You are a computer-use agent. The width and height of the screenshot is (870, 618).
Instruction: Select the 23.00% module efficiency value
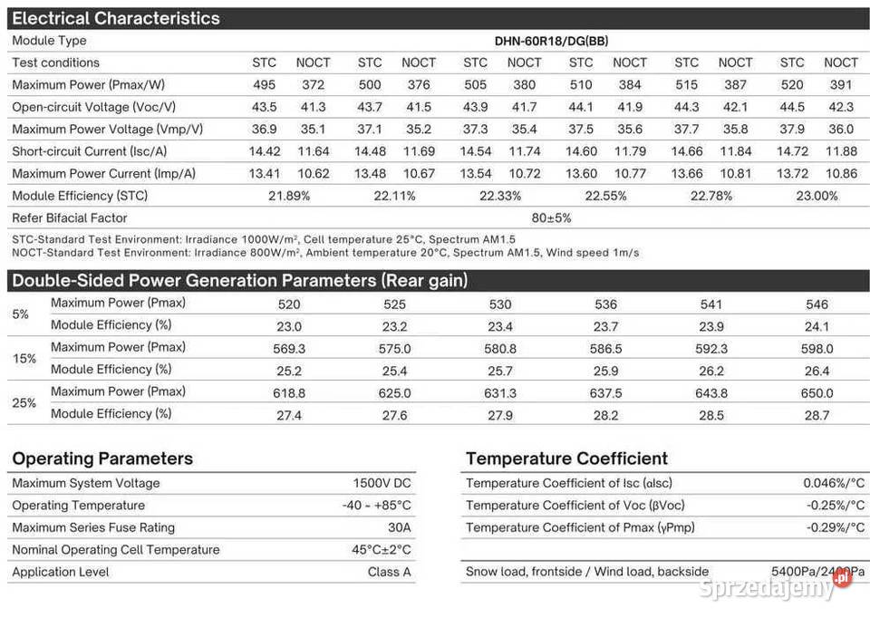(x=816, y=196)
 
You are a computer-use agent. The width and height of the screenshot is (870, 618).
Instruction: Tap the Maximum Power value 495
(x=264, y=85)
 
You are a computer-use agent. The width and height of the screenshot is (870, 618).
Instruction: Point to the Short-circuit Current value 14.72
(x=792, y=151)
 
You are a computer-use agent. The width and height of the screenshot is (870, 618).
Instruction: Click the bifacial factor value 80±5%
(x=551, y=218)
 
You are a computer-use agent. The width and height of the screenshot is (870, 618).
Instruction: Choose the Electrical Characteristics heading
(x=116, y=18)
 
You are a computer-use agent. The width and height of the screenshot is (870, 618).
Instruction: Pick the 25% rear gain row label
(x=24, y=402)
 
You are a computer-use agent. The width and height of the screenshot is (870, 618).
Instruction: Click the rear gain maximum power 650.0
(x=817, y=393)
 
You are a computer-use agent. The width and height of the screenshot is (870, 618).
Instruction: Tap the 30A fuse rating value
(x=399, y=527)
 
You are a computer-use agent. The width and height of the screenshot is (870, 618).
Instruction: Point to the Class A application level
(x=389, y=572)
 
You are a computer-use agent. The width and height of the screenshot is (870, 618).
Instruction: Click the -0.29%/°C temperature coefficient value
(x=834, y=527)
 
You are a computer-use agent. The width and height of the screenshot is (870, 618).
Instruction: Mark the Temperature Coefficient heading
(x=566, y=459)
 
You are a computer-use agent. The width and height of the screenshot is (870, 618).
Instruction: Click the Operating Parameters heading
(x=102, y=459)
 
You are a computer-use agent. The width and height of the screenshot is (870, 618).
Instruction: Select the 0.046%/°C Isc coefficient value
(x=834, y=484)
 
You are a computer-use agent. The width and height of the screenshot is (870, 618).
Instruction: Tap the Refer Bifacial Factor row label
(x=70, y=218)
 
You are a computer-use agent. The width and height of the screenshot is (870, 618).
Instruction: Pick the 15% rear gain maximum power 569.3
(x=289, y=349)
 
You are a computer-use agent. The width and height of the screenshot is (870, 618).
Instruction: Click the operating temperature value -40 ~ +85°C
(x=376, y=506)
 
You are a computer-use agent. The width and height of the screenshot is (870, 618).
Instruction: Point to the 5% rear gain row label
(x=21, y=314)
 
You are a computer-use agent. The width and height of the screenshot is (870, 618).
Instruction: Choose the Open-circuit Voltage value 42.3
(x=840, y=107)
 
